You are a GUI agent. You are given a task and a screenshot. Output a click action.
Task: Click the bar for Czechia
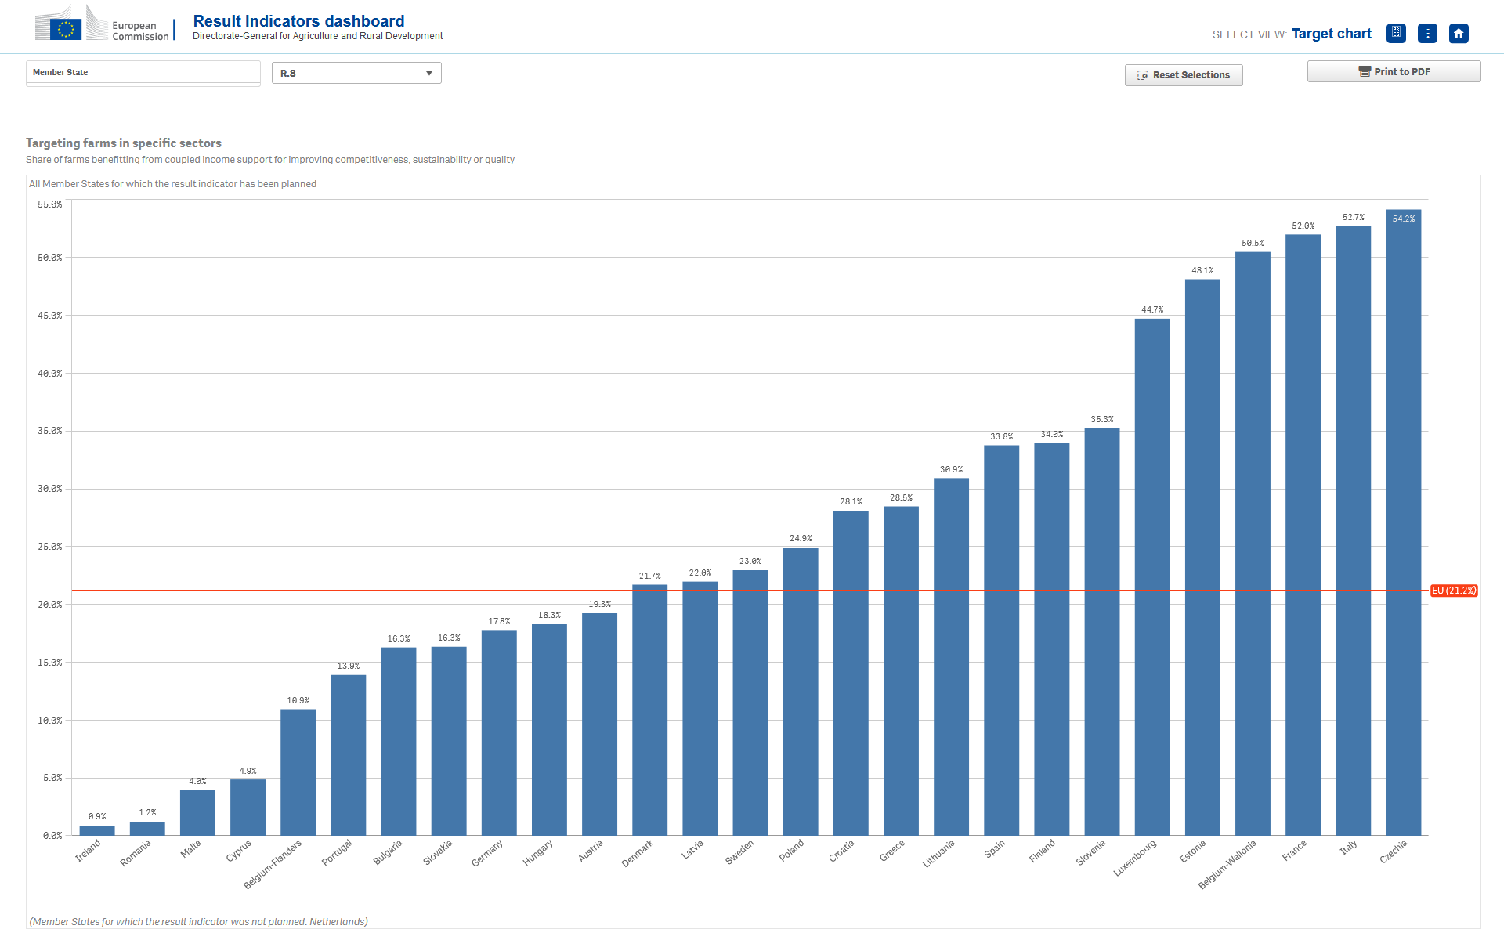click(x=1403, y=522)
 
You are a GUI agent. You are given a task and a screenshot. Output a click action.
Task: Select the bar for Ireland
click(x=97, y=830)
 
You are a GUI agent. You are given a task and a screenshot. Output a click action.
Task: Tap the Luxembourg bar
click(x=1152, y=577)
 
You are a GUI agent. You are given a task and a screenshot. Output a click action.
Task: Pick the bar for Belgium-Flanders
click(x=298, y=772)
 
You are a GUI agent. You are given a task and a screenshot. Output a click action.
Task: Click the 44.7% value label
click(x=1152, y=309)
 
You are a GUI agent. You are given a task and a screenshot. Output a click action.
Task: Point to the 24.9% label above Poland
click(x=801, y=538)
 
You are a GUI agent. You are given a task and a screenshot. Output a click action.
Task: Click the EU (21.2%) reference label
click(x=1454, y=591)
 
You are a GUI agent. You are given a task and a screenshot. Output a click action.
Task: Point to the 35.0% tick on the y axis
click(x=50, y=431)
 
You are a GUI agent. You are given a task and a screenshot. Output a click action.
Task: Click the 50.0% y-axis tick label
click(x=50, y=258)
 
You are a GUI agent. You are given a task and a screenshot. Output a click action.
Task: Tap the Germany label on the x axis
click(x=487, y=853)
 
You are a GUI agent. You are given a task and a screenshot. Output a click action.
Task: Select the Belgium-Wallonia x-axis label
click(x=1227, y=864)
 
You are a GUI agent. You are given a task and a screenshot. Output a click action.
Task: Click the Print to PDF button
click(x=1394, y=71)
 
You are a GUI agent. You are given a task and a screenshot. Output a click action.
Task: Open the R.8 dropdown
click(x=356, y=73)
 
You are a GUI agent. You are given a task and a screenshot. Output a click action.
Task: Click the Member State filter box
click(x=143, y=73)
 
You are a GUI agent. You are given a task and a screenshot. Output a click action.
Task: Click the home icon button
click(x=1459, y=34)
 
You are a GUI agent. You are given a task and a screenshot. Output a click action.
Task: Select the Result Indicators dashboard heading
click(x=298, y=21)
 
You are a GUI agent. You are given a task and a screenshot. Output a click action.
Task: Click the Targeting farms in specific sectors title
click(x=124, y=143)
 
